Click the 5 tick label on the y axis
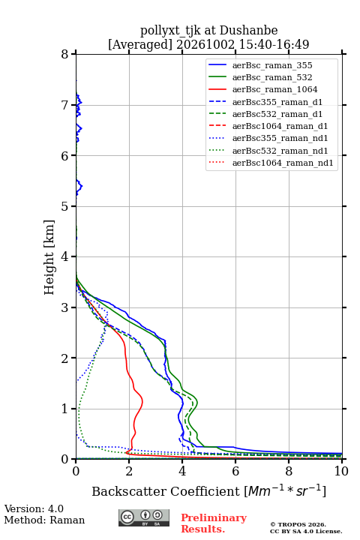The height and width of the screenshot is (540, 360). click(64, 206)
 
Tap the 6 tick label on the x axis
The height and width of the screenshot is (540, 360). click(235, 471)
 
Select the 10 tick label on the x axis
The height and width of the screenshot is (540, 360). click(341, 471)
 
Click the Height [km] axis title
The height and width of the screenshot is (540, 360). click(49, 257)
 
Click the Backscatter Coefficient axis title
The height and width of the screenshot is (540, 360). click(208, 490)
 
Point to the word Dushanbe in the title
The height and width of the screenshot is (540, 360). click(248, 31)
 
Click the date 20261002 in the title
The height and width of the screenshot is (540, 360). click(205, 44)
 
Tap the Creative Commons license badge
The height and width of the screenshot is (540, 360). click(144, 517)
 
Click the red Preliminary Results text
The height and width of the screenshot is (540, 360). click(214, 523)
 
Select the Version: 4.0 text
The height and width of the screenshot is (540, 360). click(34, 508)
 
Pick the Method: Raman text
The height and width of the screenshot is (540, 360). click(44, 520)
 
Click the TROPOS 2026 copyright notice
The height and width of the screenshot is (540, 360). click(298, 524)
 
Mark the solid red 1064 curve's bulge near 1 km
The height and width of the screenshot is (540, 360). click(142, 401)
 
